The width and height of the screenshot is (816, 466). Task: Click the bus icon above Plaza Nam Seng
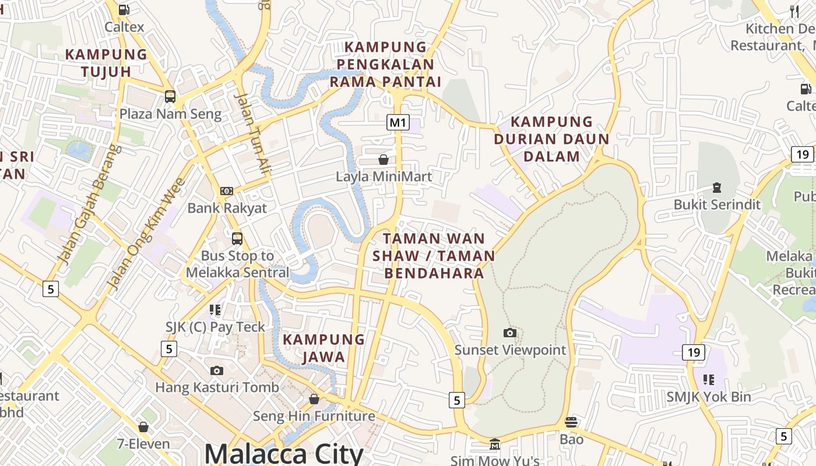tap(170, 97)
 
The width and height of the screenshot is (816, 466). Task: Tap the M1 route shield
tap(398, 122)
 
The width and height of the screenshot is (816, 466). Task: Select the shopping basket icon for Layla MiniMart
tap(384, 159)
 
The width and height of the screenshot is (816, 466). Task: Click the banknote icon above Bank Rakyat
tap(227, 191)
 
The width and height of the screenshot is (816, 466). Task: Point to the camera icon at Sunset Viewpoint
tap(510, 333)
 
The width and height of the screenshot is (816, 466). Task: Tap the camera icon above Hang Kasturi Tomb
tap(216, 370)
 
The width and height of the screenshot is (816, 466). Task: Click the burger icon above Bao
tap(571, 422)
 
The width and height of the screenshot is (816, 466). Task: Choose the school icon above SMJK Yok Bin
tap(709, 380)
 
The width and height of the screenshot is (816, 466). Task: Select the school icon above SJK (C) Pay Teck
tap(215, 310)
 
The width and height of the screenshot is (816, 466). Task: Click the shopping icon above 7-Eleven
tap(143, 427)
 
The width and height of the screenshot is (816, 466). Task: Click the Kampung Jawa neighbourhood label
tap(324, 348)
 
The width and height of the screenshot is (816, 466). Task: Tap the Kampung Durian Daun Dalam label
tap(551, 139)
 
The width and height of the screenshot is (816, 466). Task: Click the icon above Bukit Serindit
tap(716, 188)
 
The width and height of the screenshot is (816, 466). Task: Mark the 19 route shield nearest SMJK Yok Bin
tap(693, 352)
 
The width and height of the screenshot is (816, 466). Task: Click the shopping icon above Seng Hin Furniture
tap(314, 399)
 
